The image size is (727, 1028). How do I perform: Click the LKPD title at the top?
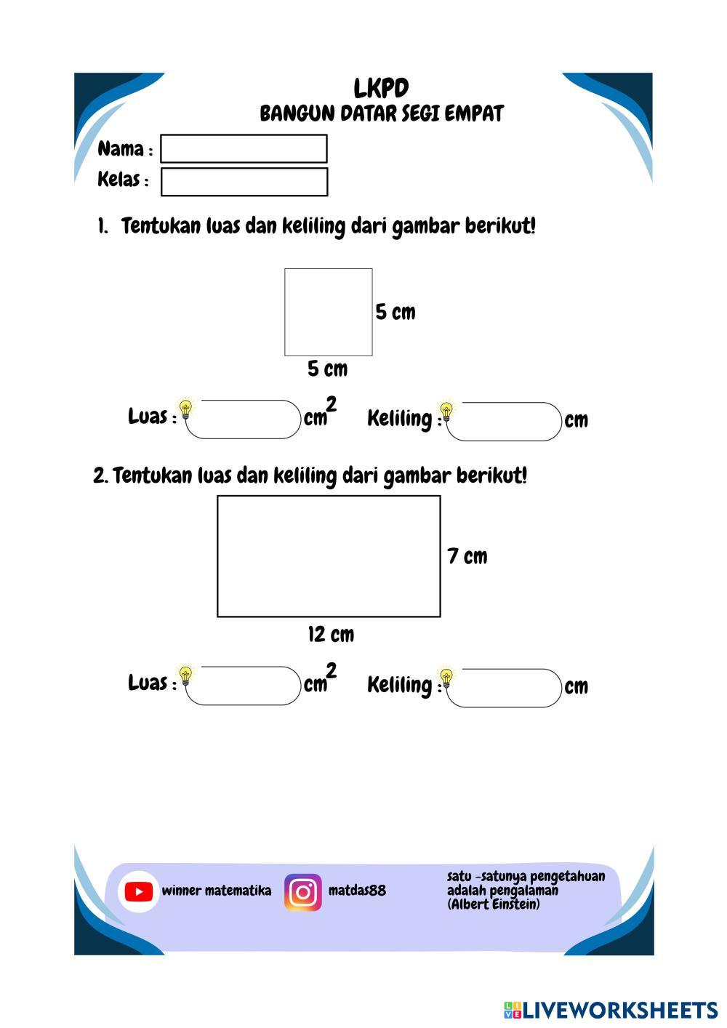coord(381,89)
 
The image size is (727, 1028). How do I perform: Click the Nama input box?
coord(244,149)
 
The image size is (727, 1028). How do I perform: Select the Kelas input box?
coord(244,182)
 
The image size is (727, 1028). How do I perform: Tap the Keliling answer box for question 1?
coord(506,422)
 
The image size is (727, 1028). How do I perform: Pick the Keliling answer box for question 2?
coord(506,688)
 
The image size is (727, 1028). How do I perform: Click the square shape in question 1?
coord(329,312)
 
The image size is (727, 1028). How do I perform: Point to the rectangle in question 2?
coord(329,556)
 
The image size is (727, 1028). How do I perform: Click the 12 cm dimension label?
coord(331,635)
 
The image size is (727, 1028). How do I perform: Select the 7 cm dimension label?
coord(467,557)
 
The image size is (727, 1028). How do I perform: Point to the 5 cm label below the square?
coord(327,369)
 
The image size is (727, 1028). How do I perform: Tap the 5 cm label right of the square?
coord(395,313)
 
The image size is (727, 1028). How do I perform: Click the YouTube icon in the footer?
coord(138,891)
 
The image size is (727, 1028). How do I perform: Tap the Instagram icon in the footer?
coord(303,892)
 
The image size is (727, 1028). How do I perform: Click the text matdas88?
coord(357,891)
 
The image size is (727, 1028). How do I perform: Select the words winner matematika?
coord(217,891)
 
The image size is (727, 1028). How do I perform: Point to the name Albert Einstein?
coord(494,905)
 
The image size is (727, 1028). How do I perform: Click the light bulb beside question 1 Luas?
coord(186,409)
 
